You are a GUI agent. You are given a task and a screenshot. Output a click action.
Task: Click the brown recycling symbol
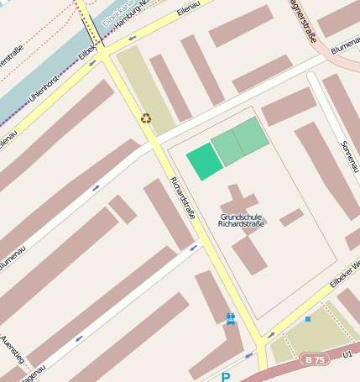click(x=146, y=118)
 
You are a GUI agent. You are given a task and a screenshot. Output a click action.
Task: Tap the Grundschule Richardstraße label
click(x=241, y=221)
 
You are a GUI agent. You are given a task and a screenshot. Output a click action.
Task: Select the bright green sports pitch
click(x=204, y=161)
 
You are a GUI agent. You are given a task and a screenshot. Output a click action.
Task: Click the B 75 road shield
click(x=315, y=359)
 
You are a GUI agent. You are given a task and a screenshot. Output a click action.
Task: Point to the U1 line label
click(x=348, y=355)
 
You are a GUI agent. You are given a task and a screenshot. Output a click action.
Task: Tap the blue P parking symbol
click(x=225, y=377)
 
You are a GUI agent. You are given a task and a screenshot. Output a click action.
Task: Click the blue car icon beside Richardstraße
click(x=230, y=318)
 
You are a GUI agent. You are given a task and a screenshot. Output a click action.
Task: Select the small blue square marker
click(x=308, y=319)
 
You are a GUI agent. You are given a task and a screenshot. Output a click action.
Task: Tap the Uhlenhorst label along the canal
click(x=44, y=92)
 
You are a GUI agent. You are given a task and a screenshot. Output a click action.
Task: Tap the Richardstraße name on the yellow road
click(x=183, y=199)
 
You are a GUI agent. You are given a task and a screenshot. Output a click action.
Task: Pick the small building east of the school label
click(x=291, y=217)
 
